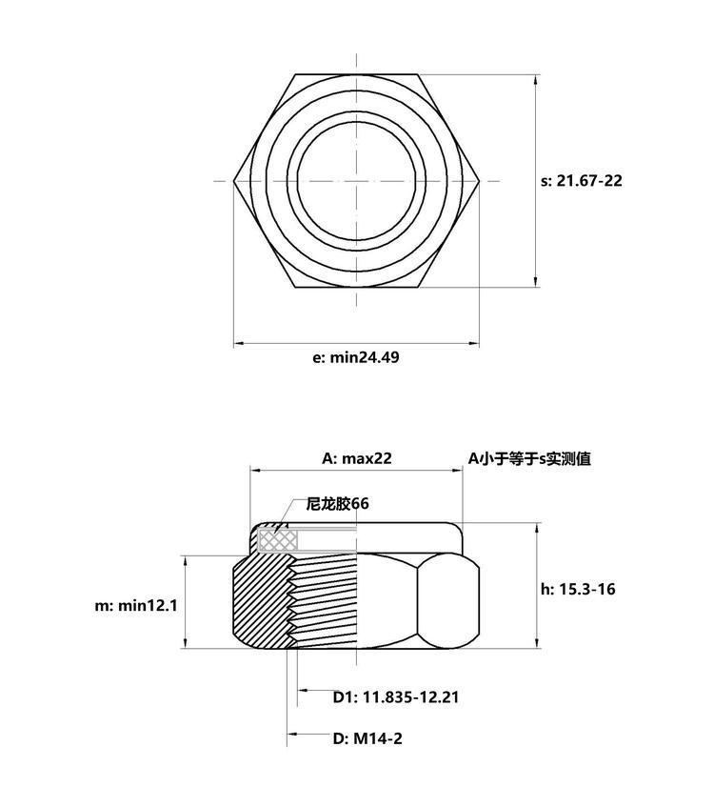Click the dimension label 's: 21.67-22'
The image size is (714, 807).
(582, 181)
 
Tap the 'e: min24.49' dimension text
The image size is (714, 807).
(355, 357)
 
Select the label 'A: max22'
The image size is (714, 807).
(356, 458)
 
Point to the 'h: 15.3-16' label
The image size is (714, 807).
(578, 589)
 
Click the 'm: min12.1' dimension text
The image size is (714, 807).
(136, 605)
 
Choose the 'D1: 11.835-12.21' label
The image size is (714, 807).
(396, 697)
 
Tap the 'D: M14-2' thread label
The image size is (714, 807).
(367, 738)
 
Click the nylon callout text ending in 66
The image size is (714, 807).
(337, 503)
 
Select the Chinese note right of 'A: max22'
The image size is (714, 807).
(529, 458)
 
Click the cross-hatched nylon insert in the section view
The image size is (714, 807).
(278, 539)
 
